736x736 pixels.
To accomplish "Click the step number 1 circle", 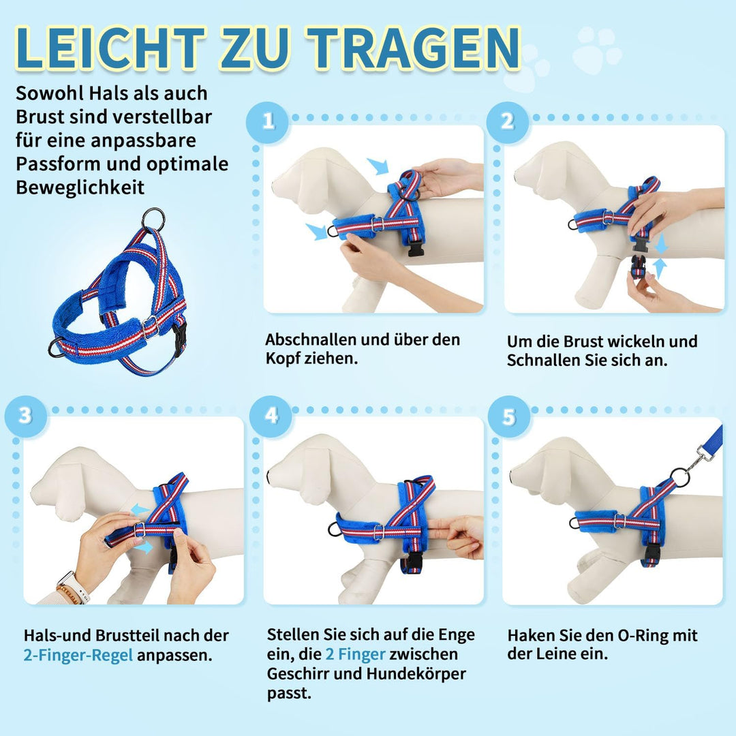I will pyautogui.click(x=268, y=121).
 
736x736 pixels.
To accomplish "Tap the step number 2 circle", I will pyautogui.click(x=508, y=121).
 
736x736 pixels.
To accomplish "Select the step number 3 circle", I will pyautogui.click(x=25, y=415).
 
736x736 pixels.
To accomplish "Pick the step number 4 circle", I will pyautogui.click(x=271, y=415).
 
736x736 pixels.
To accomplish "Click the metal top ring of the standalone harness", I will pyautogui.click(x=153, y=219).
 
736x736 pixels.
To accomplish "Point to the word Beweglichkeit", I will pyautogui.click(x=80, y=187).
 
